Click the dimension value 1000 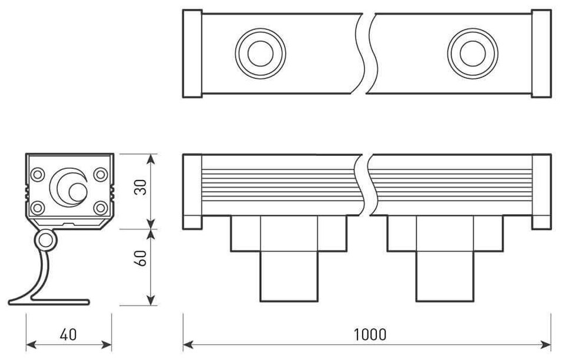pos(370,335)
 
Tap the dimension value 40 pos(69,335)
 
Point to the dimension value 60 pos(140,259)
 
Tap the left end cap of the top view pos(193,54)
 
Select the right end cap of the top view pos(541,54)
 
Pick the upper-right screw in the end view pos(101,175)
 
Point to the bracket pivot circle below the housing pos(45,240)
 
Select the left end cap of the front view pos(192,192)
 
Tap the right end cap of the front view pos(541,192)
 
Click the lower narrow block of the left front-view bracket pos(289,276)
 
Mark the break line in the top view pos(366,54)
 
